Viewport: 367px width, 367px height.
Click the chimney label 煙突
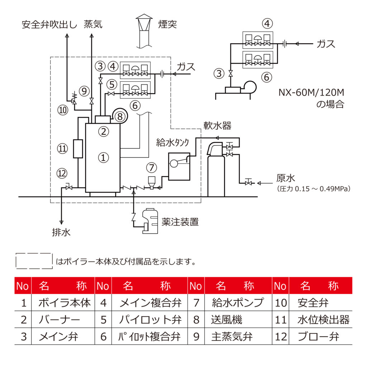point(167,24)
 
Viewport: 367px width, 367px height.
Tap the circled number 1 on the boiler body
point(103,157)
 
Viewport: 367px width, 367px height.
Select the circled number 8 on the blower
point(120,116)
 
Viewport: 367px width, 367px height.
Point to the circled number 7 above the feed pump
point(152,167)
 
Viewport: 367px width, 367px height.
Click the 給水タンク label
point(172,143)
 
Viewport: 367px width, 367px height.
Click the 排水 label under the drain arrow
point(61,233)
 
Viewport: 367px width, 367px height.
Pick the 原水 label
point(285,178)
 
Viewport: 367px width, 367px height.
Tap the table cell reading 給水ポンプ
point(238,303)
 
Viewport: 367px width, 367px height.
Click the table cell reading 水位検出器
point(323,320)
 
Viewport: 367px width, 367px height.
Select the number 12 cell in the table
point(281,337)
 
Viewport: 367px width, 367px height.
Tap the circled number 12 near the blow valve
point(62,174)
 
